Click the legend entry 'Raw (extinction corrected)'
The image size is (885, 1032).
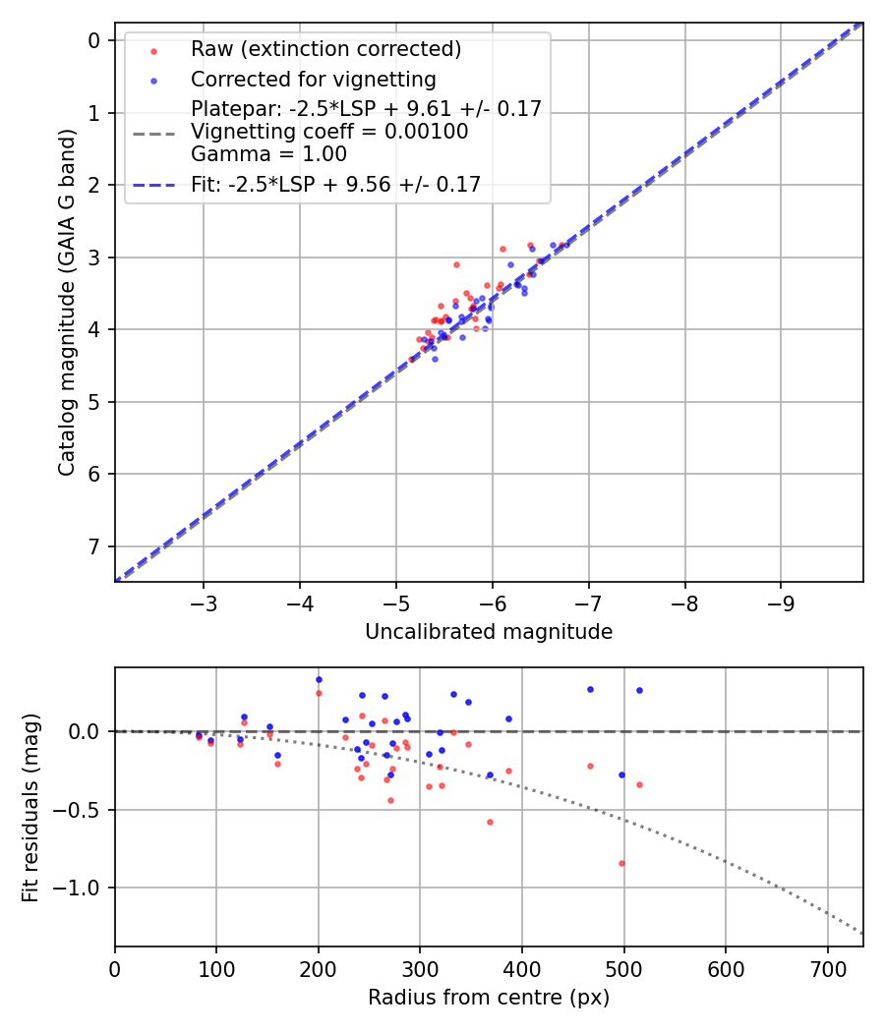tap(325, 49)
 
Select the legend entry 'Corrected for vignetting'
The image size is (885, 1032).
tap(313, 79)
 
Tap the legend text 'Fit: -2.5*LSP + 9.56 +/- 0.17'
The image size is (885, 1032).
tap(335, 184)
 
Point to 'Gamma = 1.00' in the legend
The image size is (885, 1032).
tap(268, 153)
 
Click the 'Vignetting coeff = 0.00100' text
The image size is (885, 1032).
tap(329, 132)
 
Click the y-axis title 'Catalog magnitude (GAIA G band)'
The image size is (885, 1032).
tap(66, 300)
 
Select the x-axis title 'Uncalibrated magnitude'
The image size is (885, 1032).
tap(489, 632)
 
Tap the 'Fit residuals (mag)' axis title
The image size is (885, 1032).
tap(30, 808)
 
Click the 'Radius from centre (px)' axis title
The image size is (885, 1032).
tap(489, 998)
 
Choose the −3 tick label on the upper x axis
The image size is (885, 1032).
tap(203, 601)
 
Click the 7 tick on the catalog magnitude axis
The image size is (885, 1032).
tap(94, 546)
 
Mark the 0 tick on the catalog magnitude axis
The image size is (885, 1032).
tap(94, 40)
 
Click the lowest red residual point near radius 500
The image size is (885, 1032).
tap(621, 863)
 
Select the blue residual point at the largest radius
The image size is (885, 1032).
tap(639, 690)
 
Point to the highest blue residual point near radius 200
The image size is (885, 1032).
tap(319, 679)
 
